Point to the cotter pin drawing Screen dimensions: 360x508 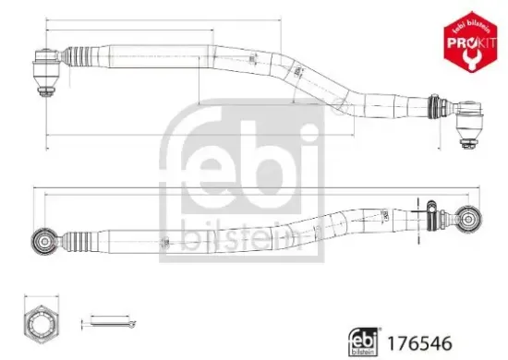click(x=111, y=322)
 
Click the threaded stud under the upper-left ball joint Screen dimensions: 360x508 click(x=44, y=89)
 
